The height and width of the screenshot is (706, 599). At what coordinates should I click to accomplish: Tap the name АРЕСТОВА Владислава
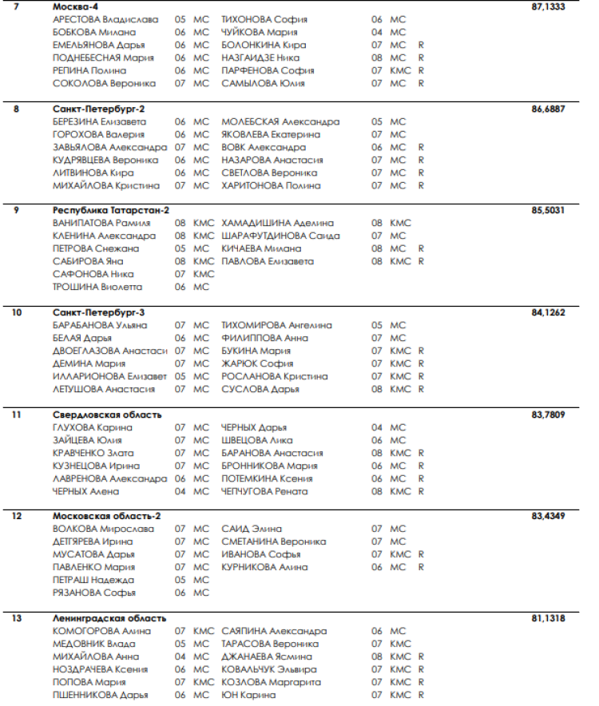[x=105, y=19]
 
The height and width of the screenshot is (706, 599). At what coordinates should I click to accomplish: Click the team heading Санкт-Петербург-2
[x=98, y=108]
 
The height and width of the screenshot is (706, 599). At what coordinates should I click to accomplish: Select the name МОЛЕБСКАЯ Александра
[x=280, y=121]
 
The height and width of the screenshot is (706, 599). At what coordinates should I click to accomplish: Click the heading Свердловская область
[x=107, y=414]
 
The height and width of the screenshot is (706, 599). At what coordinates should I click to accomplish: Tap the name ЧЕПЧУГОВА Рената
[x=264, y=491]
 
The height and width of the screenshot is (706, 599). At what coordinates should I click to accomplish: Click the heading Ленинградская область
[x=109, y=618]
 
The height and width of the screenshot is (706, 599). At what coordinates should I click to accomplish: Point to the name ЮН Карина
[x=248, y=695]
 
